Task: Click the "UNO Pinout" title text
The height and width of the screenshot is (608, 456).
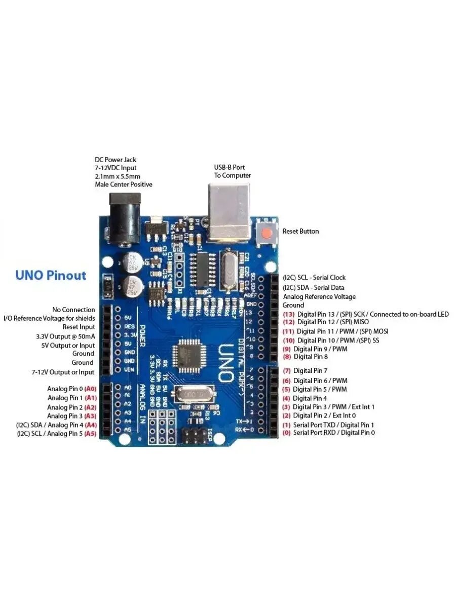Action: (51, 276)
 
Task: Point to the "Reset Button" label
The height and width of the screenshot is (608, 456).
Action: (300, 231)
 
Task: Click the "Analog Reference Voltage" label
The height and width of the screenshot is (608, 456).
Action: (319, 296)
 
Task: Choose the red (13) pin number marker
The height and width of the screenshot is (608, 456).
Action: (289, 314)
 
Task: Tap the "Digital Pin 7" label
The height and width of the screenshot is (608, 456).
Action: (310, 371)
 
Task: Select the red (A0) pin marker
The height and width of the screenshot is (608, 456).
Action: (91, 389)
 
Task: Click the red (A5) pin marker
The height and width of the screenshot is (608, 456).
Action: (91, 434)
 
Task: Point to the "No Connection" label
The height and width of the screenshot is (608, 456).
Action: (73, 310)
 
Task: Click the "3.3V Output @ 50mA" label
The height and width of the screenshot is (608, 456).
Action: (65, 336)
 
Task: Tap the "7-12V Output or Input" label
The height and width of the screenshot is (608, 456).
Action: (63, 372)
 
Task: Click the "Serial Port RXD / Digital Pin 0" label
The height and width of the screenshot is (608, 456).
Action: (334, 433)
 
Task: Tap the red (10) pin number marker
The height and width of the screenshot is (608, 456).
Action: (289, 340)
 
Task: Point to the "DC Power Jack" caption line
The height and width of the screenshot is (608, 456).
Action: (116, 160)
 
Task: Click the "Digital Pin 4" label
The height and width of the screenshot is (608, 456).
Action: (310, 398)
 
